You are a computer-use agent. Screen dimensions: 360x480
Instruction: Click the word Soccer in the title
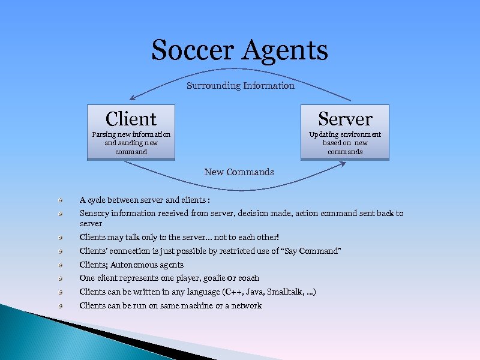point(193,50)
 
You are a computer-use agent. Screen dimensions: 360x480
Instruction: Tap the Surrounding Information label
point(241,86)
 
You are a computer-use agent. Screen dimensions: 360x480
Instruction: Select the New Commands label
point(239,172)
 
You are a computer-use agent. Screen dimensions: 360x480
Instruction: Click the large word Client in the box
point(131,119)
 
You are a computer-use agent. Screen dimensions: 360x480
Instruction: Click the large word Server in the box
point(345,119)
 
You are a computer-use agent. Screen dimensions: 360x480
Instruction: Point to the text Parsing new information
point(131,134)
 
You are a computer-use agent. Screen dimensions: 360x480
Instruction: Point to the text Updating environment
point(345,134)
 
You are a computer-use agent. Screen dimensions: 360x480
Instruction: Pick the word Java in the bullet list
point(247,292)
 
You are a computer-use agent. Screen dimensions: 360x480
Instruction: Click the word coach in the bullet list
point(248,278)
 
